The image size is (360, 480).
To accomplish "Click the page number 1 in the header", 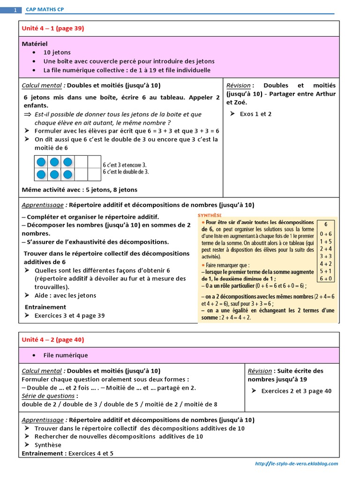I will [15, 10].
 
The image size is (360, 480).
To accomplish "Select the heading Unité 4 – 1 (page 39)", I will [52, 29].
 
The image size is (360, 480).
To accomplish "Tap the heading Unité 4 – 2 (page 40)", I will [52, 339].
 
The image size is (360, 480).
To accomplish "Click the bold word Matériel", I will [35, 44].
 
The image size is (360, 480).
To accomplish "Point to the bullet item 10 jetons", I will [57, 52].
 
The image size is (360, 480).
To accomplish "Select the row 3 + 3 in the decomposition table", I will [326, 256].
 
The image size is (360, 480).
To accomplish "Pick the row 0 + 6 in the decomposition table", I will [326, 233].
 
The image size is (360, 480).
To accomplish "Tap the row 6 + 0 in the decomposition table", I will [326, 278].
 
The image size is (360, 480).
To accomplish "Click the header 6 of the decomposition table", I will [326, 224].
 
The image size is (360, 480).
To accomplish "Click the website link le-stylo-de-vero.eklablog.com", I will [296, 464].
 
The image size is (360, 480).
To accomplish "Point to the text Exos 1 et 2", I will [255, 114].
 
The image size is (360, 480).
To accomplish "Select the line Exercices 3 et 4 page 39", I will [69, 315].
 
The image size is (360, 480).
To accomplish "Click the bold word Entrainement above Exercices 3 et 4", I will [45, 307].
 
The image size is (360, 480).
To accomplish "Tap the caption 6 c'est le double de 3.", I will [126, 172].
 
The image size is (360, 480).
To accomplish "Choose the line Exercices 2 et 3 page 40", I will [296, 391].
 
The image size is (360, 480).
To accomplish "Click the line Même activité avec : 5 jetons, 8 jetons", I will [80, 190].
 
